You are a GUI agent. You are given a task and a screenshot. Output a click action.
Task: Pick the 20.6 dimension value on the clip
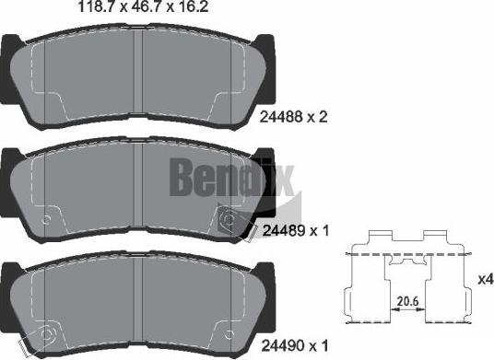coord(405,299)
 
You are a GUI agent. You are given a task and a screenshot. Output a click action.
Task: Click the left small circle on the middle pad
coord(46,218)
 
